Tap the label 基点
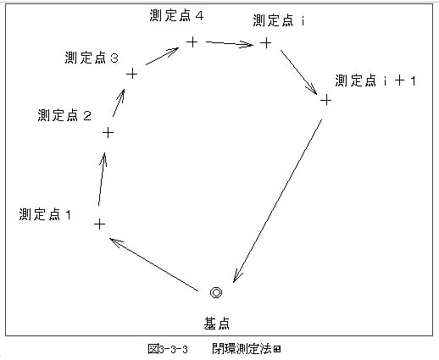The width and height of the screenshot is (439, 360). click(x=216, y=324)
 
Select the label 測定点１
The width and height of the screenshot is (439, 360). click(x=45, y=214)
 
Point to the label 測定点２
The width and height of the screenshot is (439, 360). click(x=64, y=115)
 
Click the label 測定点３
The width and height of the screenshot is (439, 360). click(x=92, y=58)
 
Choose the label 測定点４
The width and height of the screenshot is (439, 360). click(x=176, y=15)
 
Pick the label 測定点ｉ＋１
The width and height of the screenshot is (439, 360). click(x=375, y=80)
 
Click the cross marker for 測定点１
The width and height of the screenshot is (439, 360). click(x=99, y=224)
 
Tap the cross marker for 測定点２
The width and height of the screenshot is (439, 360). click(x=108, y=133)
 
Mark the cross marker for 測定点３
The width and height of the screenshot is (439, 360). click(x=131, y=75)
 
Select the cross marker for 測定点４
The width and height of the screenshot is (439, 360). click(x=192, y=42)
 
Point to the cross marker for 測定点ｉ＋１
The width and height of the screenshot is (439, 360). click(x=325, y=100)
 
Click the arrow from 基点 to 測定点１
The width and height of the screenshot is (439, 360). click(x=154, y=264)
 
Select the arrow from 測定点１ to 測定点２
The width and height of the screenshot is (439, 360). click(x=102, y=179)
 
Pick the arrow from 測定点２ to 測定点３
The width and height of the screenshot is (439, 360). click(x=119, y=102)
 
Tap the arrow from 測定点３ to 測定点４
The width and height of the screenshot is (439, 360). click(x=162, y=56)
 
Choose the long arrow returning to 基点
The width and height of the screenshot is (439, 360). click(x=278, y=201)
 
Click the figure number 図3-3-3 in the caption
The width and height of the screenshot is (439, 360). click(x=168, y=349)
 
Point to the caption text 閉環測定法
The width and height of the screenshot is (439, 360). click(x=242, y=349)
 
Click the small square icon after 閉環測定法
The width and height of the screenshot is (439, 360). click(x=277, y=350)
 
